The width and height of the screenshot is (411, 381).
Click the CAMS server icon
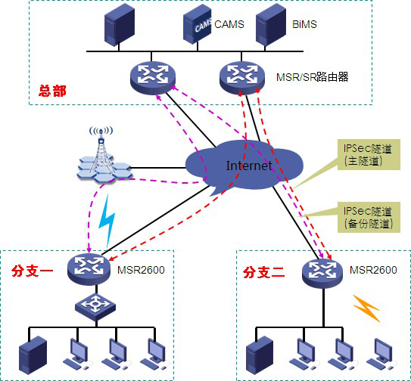[x=197, y=24]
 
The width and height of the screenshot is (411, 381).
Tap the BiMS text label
[x=304, y=24]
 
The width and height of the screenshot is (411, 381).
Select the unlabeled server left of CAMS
[x=120, y=25]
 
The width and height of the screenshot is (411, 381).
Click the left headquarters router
[x=153, y=78]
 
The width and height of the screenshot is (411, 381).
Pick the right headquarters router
[x=242, y=77]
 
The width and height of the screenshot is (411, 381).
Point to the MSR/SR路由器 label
[x=312, y=77]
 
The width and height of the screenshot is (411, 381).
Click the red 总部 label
[x=52, y=91]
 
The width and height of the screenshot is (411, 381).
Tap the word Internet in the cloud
[x=249, y=166]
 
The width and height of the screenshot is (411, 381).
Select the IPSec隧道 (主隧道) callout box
[x=369, y=154]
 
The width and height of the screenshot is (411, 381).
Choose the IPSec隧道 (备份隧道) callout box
[x=369, y=218]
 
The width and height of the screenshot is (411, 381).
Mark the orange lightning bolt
[x=366, y=308]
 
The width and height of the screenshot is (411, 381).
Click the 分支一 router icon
[x=89, y=269]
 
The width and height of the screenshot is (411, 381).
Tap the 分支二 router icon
[x=322, y=273]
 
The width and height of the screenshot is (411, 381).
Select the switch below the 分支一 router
[x=95, y=307]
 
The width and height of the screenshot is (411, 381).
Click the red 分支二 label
[x=263, y=272]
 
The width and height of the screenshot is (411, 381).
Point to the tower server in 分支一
[x=33, y=355]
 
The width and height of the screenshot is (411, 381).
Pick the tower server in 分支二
[x=260, y=355]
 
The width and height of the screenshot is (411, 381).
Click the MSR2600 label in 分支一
[x=141, y=270]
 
